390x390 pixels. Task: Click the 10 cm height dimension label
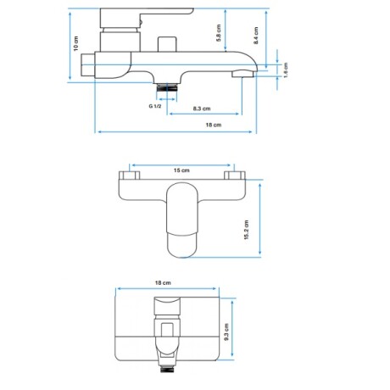(x=75, y=45)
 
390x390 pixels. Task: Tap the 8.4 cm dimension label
(x=255, y=36)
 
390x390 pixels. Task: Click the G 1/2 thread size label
(x=155, y=106)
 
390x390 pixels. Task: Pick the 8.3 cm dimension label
(x=202, y=109)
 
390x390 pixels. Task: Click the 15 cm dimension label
(x=181, y=170)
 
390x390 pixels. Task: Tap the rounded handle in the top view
(x=181, y=222)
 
